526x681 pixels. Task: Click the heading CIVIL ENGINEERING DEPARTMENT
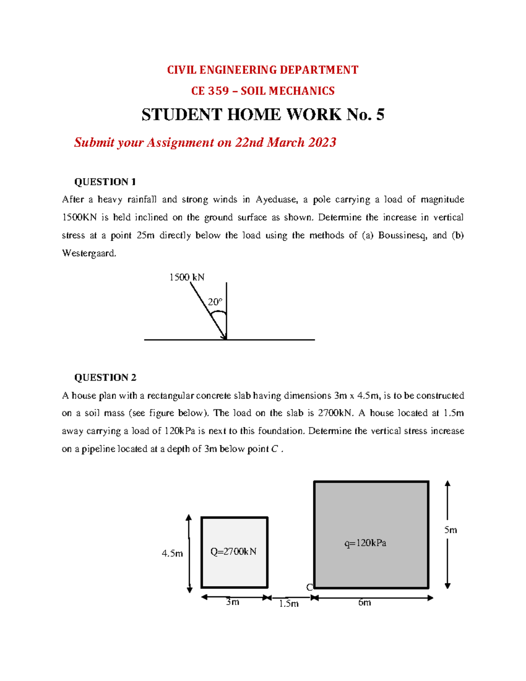(263, 70)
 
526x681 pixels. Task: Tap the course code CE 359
(210, 91)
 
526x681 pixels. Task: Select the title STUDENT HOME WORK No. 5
(263, 114)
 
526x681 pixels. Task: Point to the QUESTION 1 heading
(105, 182)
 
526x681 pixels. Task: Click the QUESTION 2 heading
(105, 378)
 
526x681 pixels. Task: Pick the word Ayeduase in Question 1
(277, 200)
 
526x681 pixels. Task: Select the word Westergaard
(89, 253)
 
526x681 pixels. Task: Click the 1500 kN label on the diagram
(187, 277)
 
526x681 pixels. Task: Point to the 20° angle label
(215, 302)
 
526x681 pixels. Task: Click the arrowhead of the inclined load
(225, 337)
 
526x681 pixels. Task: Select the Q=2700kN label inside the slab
(233, 552)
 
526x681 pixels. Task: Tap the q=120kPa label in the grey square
(365, 543)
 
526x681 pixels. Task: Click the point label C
(309, 588)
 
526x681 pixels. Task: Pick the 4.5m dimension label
(172, 553)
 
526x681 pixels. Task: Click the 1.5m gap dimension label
(289, 604)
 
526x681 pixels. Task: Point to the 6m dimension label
(364, 603)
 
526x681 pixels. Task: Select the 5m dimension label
(451, 530)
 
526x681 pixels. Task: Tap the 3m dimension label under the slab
(233, 602)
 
